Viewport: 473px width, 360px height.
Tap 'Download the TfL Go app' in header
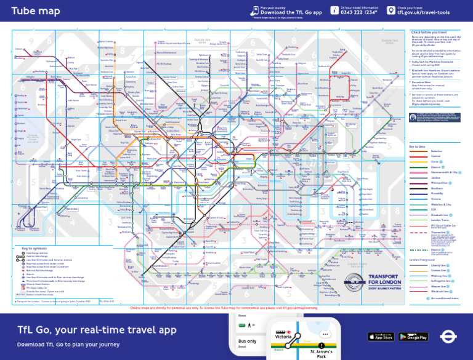click(x=291, y=12)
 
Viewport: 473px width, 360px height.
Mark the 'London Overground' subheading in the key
click(x=422, y=260)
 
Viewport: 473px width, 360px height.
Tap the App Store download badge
click(x=381, y=337)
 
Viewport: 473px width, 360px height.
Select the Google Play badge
click(x=413, y=337)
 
